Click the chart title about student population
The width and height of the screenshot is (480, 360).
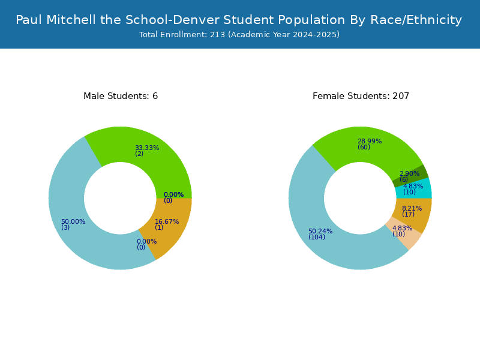click(239, 20)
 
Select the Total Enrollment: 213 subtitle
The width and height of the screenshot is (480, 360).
click(239, 35)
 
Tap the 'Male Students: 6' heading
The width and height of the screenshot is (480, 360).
click(121, 96)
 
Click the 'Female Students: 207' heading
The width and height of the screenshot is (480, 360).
click(361, 96)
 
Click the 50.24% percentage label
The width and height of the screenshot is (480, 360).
click(320, 231)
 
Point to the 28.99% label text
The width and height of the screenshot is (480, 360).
click(370, 141)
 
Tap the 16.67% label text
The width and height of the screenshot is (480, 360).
click(167, 221)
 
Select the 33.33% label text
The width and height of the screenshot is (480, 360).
click(147, 148)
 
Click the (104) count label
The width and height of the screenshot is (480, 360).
click(317, 237)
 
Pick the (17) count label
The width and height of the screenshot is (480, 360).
click(409, 214)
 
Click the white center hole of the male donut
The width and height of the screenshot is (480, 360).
click(121, 199)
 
